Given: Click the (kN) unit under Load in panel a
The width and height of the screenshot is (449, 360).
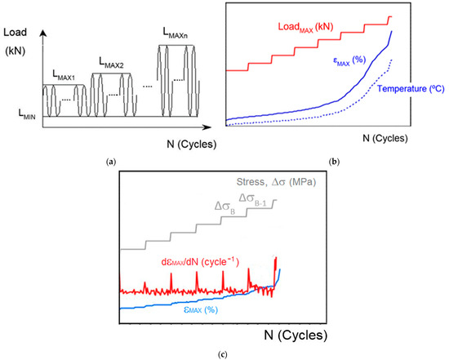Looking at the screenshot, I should pos(16,51).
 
